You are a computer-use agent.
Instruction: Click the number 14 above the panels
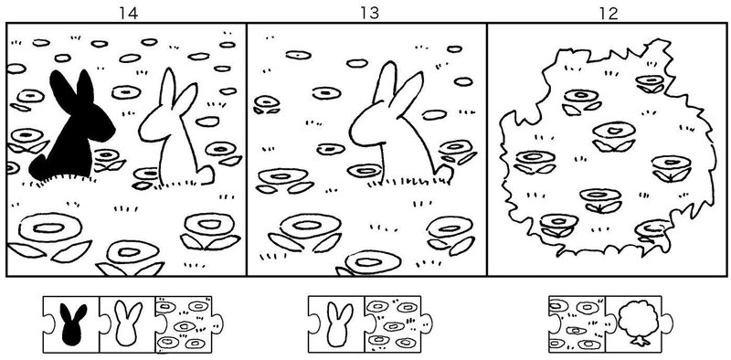[128, 14]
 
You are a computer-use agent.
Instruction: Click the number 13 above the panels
[369, 14]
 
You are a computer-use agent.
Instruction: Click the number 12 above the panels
[609, 14]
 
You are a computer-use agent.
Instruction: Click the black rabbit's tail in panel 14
[38, 168]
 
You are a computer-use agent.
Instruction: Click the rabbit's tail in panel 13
[444, 173]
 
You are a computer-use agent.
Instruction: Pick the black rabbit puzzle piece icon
[73, 324]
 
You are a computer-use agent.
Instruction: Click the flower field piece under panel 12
[577, 324]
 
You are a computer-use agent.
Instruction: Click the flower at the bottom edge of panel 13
[372, 263]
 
